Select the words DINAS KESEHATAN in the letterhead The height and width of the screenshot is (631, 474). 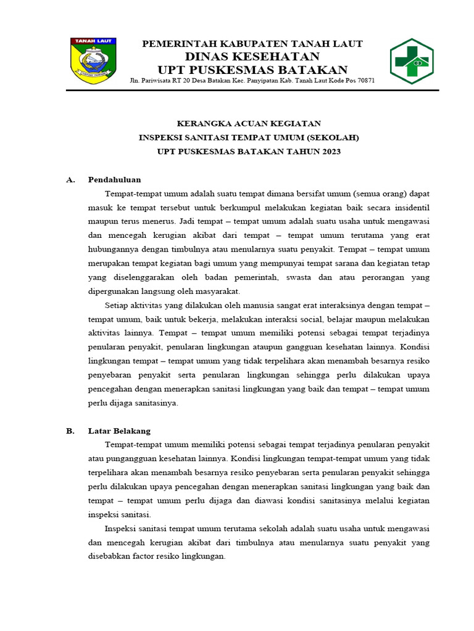pyautogui.click(x=252, y=57)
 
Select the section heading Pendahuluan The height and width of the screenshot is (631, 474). pyautogui.click(x=114, y=180)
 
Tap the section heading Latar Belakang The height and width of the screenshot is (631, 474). pyautogui.click(x=119, y=431)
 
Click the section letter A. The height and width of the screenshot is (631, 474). pyautogui.click(x=70, y=180)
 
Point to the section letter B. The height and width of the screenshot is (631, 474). pyautogui.click(x=70, y=431)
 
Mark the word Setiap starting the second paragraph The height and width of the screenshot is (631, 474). pyautogui.click(x=117, y=306)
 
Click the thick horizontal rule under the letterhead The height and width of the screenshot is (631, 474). pyautogui.click(x=252, y=91)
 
